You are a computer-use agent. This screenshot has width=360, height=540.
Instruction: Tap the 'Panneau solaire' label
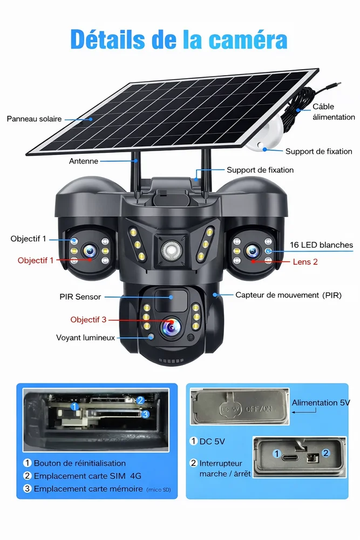coord(34,119)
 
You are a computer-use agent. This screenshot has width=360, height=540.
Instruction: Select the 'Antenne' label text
coord(83,161)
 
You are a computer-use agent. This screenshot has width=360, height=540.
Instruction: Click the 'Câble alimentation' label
coord(334,112)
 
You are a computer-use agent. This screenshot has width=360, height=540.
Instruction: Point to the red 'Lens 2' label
coord(305,262)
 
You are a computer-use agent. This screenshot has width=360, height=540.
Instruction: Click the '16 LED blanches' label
coord(321,245)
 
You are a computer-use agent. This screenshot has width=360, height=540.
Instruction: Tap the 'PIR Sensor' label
coord(80,296)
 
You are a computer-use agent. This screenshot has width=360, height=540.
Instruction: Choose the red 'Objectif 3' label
coord(89,320)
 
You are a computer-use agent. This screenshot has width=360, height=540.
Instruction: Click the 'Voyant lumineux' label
coord(85,337)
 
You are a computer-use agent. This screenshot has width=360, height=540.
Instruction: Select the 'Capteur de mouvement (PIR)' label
coord(288,295)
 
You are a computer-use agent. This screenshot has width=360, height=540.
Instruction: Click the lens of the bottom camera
coord(171,327)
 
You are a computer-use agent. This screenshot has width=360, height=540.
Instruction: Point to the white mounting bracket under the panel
coord(265,134)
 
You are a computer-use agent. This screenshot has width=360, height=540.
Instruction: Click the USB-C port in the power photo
coord(288,457)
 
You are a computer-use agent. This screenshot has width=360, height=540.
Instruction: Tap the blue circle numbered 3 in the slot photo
coord(145,414)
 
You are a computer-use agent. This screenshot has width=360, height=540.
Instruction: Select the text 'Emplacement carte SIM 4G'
coord(87,476)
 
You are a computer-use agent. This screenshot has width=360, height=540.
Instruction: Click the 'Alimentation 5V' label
coord(321,403)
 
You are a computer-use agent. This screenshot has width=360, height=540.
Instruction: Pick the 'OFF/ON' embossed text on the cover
coord(259,409)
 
